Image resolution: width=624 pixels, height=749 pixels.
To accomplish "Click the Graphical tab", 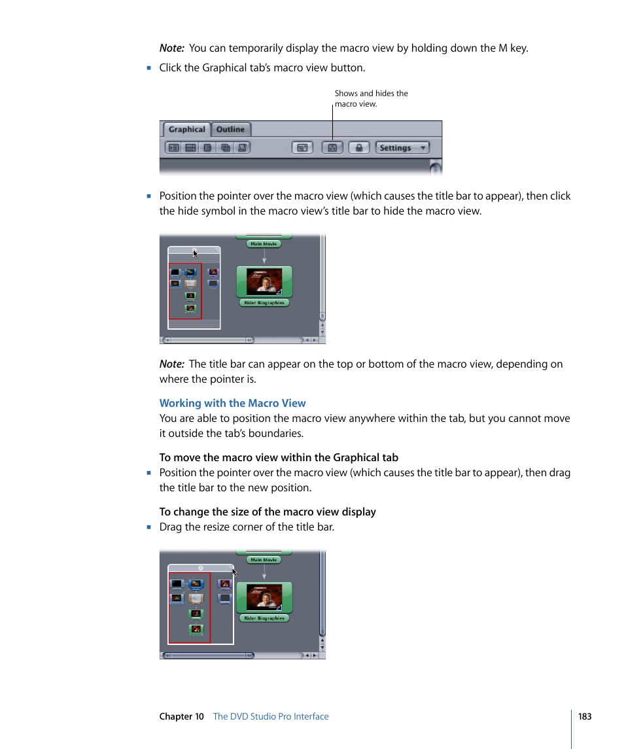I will (x=186, y=130).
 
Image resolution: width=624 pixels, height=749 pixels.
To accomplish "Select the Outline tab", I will (x=230, y=130).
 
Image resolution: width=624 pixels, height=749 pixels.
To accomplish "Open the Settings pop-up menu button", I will (x=402, y=148).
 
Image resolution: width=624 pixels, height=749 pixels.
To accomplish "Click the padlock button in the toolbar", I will (x=358, y=148).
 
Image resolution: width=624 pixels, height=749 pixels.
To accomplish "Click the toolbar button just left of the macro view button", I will (x=302, y=148).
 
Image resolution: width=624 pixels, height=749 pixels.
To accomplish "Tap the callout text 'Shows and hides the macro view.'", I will (x=371, y=99).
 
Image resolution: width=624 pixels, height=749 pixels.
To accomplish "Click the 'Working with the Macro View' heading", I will (x=232, y=403).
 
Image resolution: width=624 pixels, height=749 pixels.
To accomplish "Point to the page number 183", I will (x=584, y=716).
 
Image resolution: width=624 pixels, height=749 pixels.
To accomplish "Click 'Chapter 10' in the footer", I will (x=181, y=716).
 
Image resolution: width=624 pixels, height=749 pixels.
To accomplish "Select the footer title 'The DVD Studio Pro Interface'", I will (x=271, y=716).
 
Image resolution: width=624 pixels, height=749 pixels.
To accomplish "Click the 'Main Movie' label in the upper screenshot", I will (x=264, y=244).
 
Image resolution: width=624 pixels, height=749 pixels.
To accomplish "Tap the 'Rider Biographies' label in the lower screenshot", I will (x=264, y=618).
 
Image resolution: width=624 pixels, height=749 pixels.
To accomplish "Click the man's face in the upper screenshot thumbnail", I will (x=264, y=283).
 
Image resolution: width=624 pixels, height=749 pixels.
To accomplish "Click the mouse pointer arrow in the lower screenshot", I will (x=234, y=572).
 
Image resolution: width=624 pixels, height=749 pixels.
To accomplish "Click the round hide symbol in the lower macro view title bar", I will (x=201, y=568).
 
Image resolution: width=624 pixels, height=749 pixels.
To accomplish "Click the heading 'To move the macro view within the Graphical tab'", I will (x=279, y=457).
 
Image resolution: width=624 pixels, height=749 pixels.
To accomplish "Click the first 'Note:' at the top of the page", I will (x=171, y=48).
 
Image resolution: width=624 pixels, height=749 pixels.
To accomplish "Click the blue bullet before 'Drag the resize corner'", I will (x=149, y=527).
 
